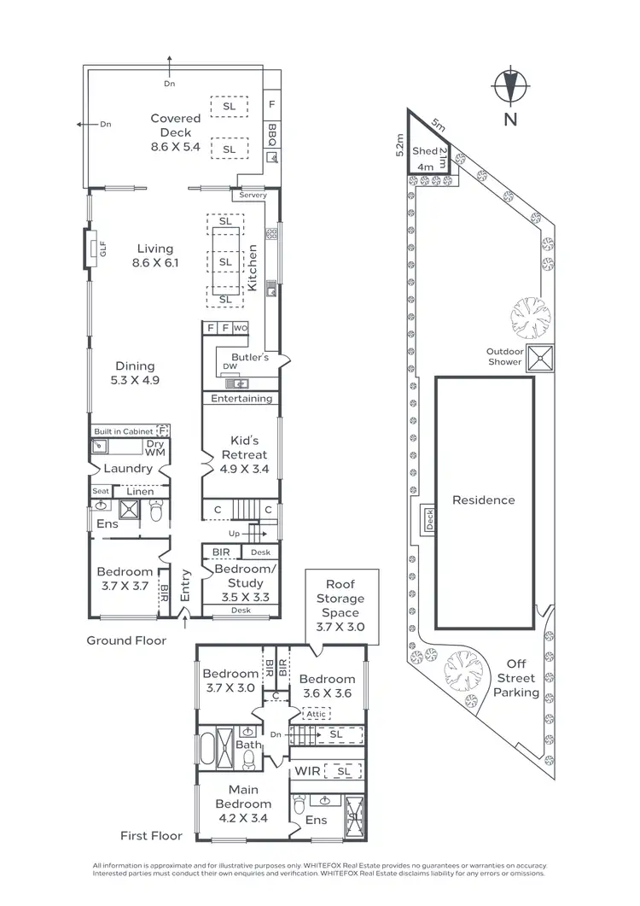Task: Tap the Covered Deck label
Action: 176,132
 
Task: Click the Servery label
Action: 253,196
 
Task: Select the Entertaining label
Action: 241,398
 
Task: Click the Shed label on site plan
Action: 424,151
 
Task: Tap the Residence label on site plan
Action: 484,500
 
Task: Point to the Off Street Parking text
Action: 516,678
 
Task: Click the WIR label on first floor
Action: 308,772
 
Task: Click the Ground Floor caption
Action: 126,640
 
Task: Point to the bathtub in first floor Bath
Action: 207,748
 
